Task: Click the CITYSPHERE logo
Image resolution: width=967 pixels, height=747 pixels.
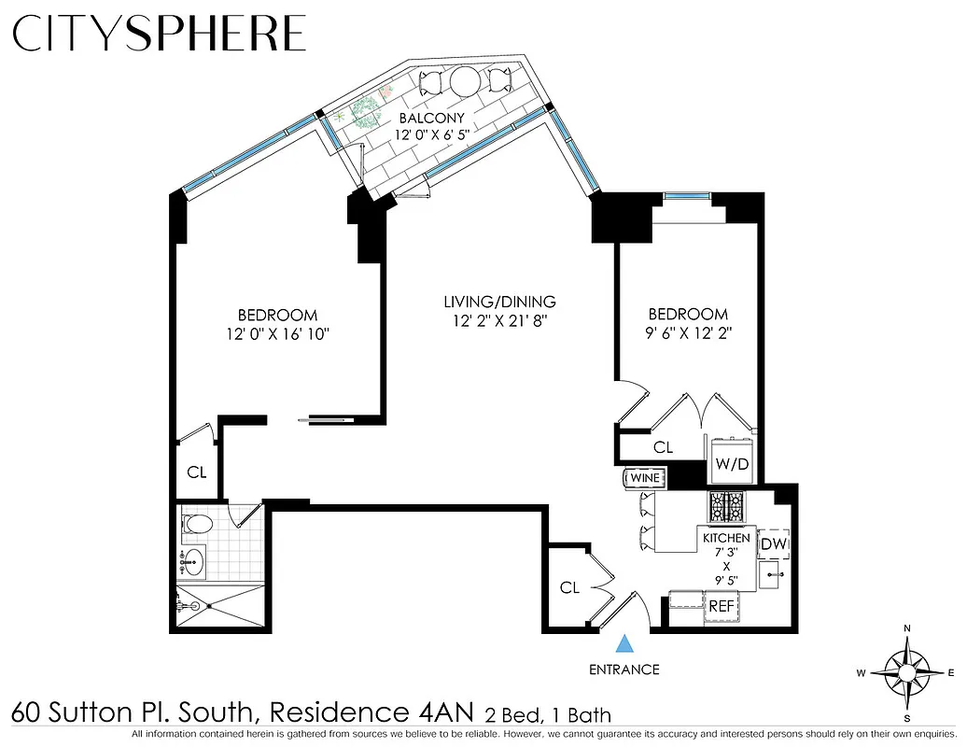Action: tap(159, 35)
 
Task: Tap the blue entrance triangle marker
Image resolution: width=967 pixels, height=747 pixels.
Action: tap(624, 643)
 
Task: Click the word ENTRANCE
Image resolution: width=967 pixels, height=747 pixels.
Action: tap(624, 669)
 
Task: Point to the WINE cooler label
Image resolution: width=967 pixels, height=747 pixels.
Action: tap(645, 478)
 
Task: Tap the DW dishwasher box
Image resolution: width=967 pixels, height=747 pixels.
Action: tap(773, 543)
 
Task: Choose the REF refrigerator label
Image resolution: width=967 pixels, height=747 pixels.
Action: tap(721, 606)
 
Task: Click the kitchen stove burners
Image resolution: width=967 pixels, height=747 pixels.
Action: tap(727, 507)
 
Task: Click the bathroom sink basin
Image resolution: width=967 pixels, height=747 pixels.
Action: tap(193, 560)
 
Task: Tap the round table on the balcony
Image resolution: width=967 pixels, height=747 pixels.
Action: tap(464, 82)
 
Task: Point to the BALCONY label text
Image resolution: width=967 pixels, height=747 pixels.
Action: tap(431, 119)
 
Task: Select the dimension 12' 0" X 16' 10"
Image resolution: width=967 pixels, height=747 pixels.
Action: tap(277, 333)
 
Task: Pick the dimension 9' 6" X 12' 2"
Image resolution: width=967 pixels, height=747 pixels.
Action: tap(689, 333)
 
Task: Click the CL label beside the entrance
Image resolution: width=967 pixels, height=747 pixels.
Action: tap(569, 587)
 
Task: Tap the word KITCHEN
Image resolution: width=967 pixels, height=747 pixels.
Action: tap(726, 538)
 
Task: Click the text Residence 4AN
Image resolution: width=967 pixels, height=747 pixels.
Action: tap(373, 713)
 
